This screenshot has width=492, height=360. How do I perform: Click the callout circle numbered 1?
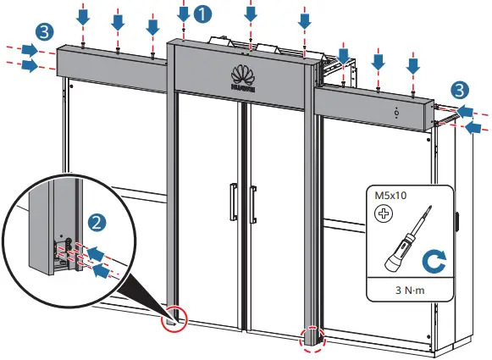(203, 14)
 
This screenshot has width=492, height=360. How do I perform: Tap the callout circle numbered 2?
(98, 223)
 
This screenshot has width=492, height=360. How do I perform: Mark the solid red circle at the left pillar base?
(174, 318)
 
